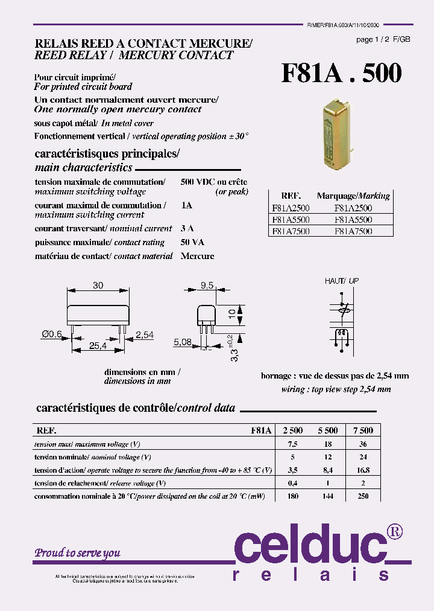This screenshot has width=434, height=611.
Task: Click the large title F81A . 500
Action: (x=341, y=73)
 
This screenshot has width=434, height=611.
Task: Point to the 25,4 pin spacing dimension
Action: (x=98, y=346)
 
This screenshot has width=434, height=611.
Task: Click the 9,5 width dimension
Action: (x=207, y=286)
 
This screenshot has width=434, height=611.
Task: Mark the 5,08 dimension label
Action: (x=183, y=342)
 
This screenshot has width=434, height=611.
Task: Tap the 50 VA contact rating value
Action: (x=192, y=242)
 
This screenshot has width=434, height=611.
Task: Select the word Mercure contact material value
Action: (x=197, y=256)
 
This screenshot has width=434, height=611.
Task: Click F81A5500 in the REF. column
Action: (x=291, y=220)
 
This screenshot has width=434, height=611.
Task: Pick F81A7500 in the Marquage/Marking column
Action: (x=353, y=231)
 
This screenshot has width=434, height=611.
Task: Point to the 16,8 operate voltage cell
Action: (x=363, y=470)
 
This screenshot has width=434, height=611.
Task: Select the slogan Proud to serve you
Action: (x=77, y=552)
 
